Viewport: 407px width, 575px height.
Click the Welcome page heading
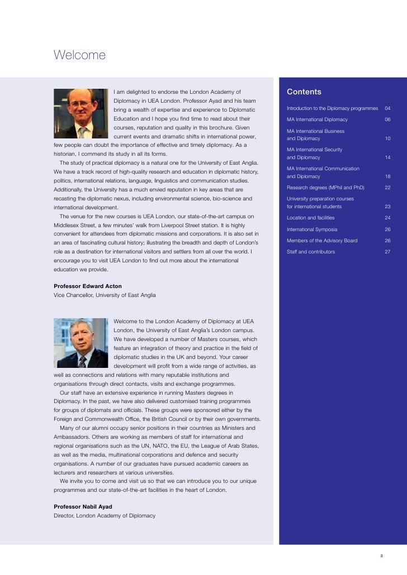pyautogui.click(x=79, y=55)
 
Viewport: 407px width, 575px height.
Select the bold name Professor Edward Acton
pyautogui.click(x=87, y=286)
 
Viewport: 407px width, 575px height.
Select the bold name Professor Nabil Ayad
pyautogui.click(x=83, y=506)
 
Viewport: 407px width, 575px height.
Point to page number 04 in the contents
pyautogui.click(x=387, y=108)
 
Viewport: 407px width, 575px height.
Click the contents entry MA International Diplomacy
pyautogui.click(x=317, y=119)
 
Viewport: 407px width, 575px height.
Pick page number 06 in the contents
pyautogui.click(x=387, y=119)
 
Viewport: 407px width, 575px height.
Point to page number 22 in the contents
pyautogui.click(x=387, y=188)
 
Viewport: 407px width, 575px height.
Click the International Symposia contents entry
pyautogui.click(x=312, y=229)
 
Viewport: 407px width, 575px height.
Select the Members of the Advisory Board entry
pyautogui.click(x=322, y=241)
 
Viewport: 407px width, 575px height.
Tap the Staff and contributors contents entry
pyautogui.click(x=311, y=252)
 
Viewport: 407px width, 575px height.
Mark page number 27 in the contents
pyautogui.click(x=387, y=252)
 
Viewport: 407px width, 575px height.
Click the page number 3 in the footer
pyautogui.click(x=381, y=555)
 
